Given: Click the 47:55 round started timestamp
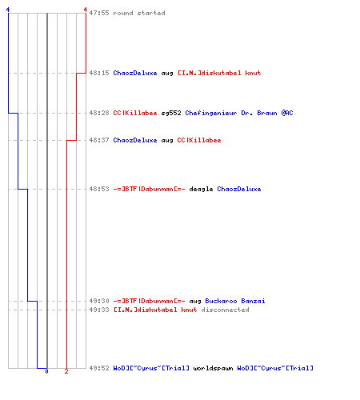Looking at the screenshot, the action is [x=99, y=13].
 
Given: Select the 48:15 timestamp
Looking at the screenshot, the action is [x=99, y=73].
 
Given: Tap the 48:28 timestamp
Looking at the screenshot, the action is [x=99, y=113].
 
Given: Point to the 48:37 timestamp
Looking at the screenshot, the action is [x=99, y=140].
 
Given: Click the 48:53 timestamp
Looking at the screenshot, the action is [x=99, y=189].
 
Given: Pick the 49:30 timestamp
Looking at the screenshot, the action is [x=99, y=301].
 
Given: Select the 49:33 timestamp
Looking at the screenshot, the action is [x=99, y=310].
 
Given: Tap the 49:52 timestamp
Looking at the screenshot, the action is [x=99, y=368].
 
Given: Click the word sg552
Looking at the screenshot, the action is [x=171, y=113].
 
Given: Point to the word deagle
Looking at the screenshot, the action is [x=201, y=189].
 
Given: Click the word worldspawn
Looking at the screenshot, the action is [x=213, y=368].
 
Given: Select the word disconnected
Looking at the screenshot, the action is [x=225, y=310].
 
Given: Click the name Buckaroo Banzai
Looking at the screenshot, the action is [x=235, y=301].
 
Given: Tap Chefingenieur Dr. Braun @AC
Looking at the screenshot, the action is [x=239, y=113].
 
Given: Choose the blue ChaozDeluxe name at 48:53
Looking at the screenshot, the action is [x=239, y=189].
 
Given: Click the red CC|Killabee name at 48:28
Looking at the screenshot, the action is [x=135, y=113].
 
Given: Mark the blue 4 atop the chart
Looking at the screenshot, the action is [x=8, y=10].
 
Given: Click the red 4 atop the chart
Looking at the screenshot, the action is [x=86, y=10].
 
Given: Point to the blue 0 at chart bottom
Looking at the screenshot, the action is [x=46, y=371].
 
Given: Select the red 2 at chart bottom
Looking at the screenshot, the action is [x=66, y=371].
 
